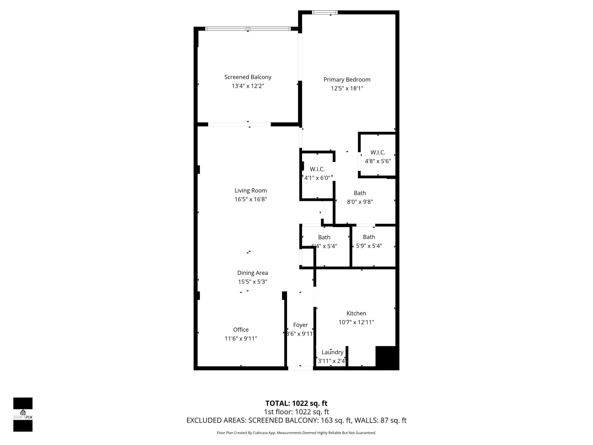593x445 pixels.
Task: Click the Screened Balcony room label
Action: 248,77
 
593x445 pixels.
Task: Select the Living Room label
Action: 251,190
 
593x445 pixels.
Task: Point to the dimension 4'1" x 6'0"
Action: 317,178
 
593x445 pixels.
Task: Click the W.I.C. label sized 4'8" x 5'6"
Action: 378,152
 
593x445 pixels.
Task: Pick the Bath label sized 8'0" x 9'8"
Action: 360,193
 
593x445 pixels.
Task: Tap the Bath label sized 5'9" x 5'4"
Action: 369,237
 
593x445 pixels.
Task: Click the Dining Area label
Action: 252,273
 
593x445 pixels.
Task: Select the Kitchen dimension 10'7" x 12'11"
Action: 356,322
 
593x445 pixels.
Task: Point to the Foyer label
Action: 300,325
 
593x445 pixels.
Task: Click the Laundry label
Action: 332,352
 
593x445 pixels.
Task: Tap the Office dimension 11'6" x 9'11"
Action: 241,338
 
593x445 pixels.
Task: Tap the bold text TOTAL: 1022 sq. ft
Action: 296,403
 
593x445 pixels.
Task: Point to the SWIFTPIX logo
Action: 23,415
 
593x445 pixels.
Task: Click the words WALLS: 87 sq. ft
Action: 381,420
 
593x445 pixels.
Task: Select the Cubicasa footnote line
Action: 296,433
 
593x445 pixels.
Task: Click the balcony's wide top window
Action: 248,29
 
